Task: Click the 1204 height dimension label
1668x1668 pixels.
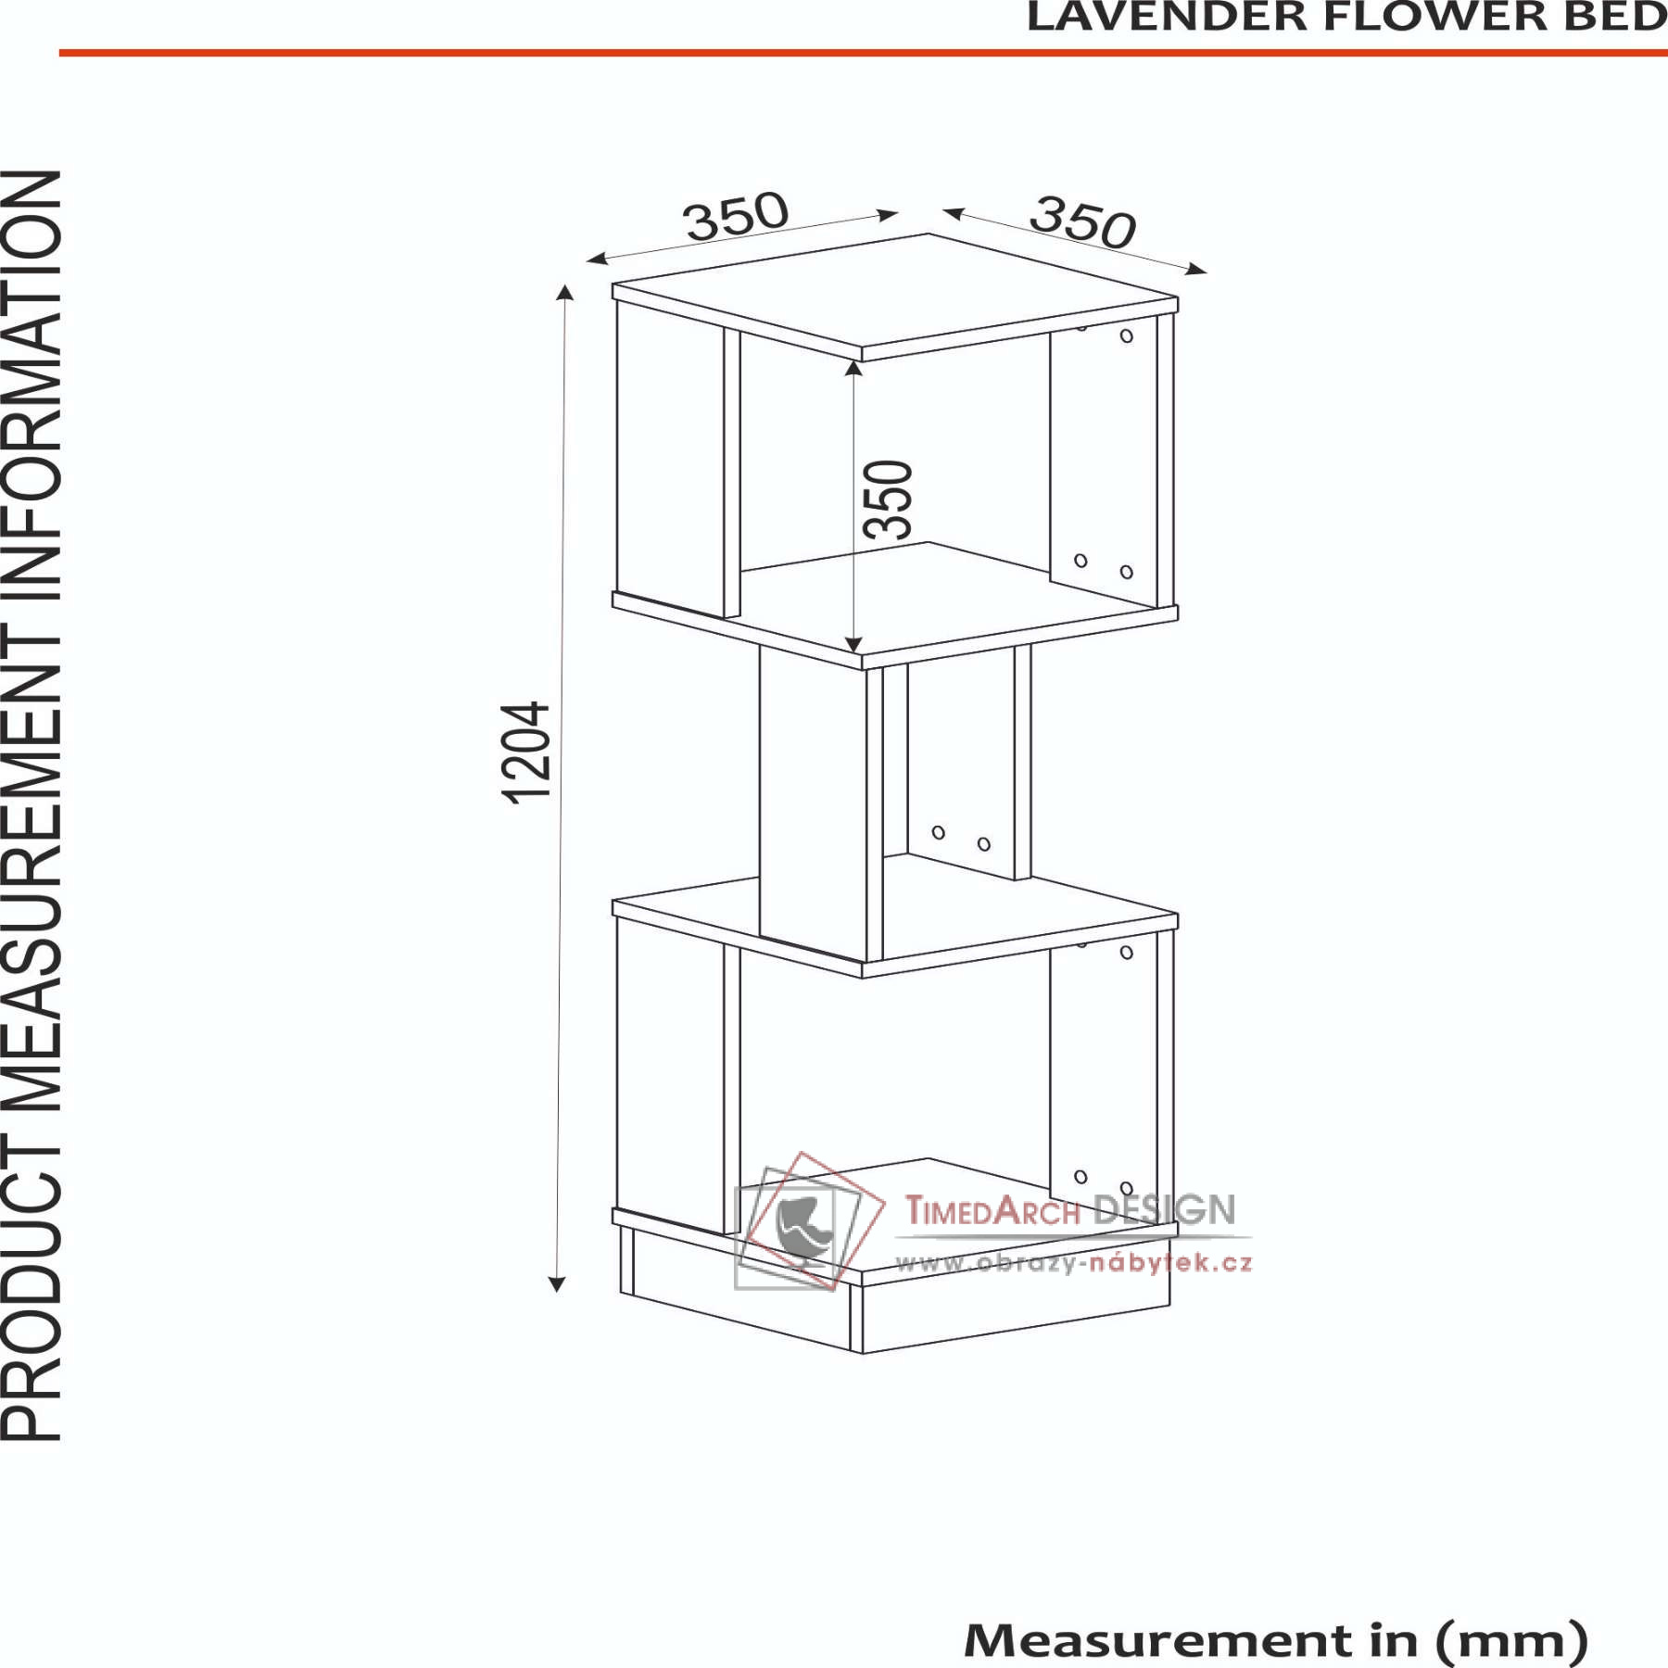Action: pyautogui.click(x=525, y=752)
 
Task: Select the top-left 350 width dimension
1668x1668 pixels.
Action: pyautogui.click(x=736, y=216)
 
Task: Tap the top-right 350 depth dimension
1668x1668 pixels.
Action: pyautogui.click(x=1082, y=222)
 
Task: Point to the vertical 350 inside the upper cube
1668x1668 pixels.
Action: pyautogui.click(x=888, y=499)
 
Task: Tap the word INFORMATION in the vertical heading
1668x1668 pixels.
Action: pyautogui.click(x=32, y=389)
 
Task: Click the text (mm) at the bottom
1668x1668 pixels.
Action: pyautogui.click(x=1511, y=1641)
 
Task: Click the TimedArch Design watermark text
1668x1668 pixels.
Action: pyautogui.click(x=1070, y=1210)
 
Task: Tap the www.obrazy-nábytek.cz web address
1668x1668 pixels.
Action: pyautogui.click(x=1074, y=1262)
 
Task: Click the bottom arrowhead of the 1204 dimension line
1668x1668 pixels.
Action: pyautogui.click(x=556, y=1283)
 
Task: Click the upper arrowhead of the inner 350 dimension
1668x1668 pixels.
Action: pyautogui.click(x=854, y=369)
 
